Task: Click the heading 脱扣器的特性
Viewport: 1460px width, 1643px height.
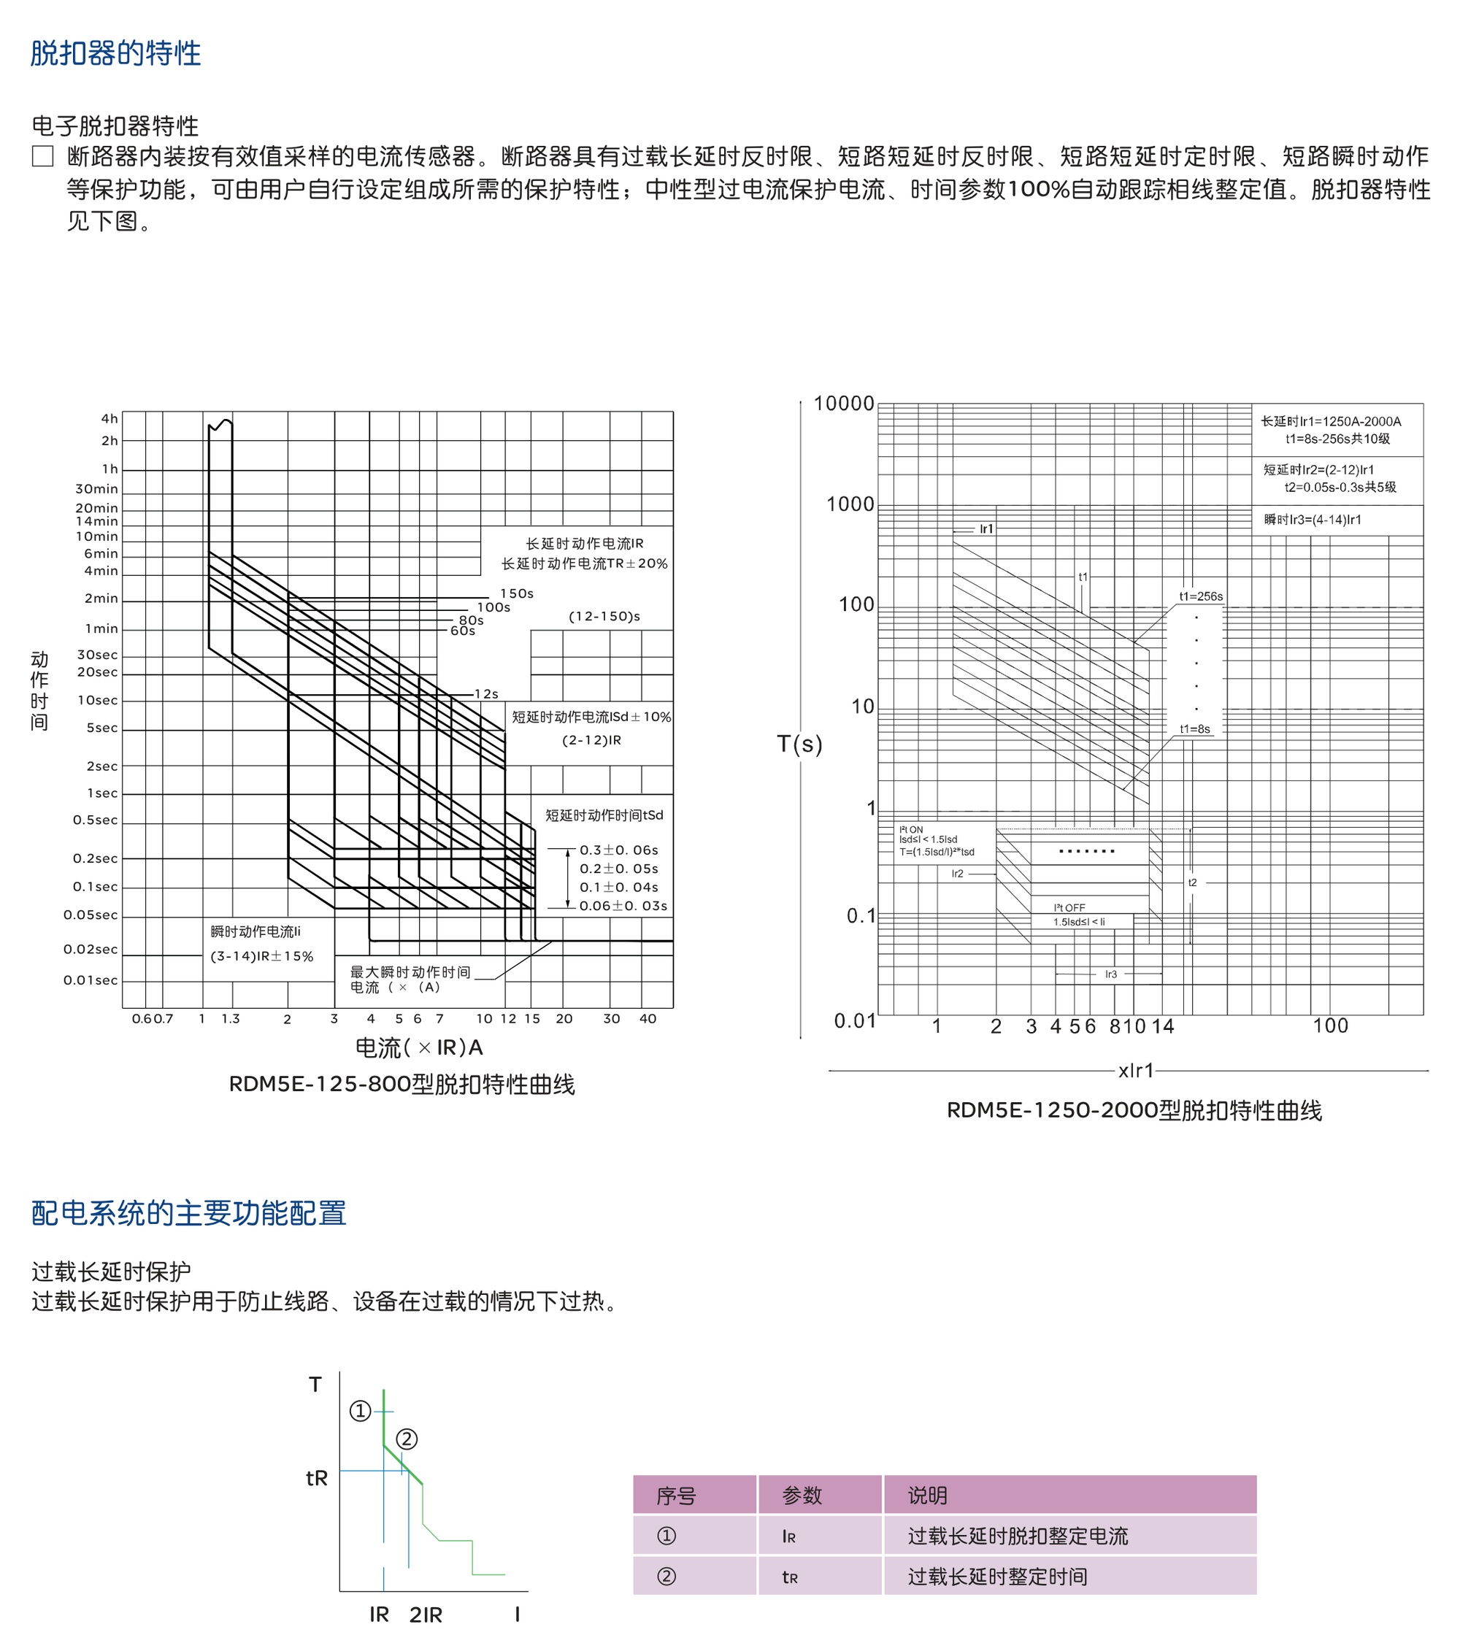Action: pyautogui.click(x=116, y=53)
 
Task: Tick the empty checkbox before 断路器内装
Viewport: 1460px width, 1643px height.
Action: pyautogui.click(x=42, y=156)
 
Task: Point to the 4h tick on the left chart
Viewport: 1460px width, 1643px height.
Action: pyautogui.click(x=109, y=419)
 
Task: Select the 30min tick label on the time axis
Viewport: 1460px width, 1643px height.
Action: pyautogui.click(x=96, y=489)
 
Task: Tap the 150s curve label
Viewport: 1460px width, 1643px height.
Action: pyautogui.click(x=517, y=593)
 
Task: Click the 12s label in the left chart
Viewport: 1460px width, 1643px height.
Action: pyautogui.click(x=486, y=693)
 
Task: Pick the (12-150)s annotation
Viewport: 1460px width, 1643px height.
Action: pyautogui.click(x=604, y=617)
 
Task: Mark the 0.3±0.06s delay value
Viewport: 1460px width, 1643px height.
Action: pyautogui.click(x=619, y=850)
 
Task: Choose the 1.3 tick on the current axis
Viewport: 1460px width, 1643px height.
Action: pyautogui.click(x=231, y=1018)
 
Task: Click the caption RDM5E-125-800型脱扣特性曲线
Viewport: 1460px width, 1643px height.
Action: pyautogui.click(x=402, y=1085)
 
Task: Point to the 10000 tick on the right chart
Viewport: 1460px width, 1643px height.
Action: pyautogui.click(x=843, y=404)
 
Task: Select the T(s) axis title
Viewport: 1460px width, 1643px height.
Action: pyautogui.click(x=799, y=744)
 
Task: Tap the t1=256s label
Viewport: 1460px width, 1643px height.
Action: pyautogui.click(x=1200, y=596)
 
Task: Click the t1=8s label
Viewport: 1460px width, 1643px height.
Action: pyautogui.click(x=1195, y=729)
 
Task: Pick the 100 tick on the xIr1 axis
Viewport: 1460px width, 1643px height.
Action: pyautogui.click(x=1331, y=1026)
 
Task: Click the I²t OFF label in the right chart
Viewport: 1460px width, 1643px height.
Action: pyautogui.click(x=1069, y=907)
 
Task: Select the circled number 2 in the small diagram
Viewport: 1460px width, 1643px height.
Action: pyautogui.click(x=407, y=1439)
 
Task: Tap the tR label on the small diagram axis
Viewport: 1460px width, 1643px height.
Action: pyautogui.click(x=317, y=1478)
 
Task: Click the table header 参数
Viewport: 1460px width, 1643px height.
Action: pyautogui.click(x=802, y=1495)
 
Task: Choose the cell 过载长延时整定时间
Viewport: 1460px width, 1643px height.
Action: pyautogui.click(x=998, y=1577)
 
